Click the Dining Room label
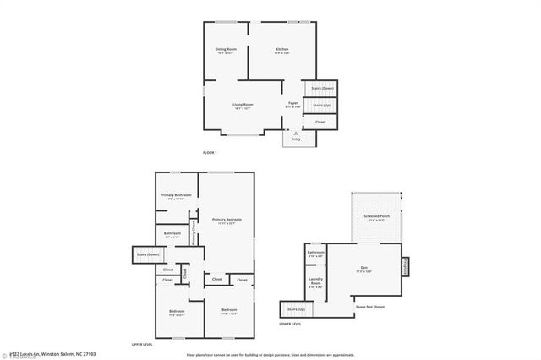225,50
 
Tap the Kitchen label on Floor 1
282,50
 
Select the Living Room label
243,104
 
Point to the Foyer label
292,103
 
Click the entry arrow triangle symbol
296,133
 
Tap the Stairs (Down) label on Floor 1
322,88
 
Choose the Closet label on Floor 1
320,123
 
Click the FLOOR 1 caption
210,152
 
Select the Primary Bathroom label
177,195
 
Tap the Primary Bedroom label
226,220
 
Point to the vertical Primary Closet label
194,233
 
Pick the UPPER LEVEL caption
142,345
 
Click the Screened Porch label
377,216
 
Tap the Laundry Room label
315,282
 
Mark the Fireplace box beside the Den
404,267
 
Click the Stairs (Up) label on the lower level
296,310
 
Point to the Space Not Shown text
369,307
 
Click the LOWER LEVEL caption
291,324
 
